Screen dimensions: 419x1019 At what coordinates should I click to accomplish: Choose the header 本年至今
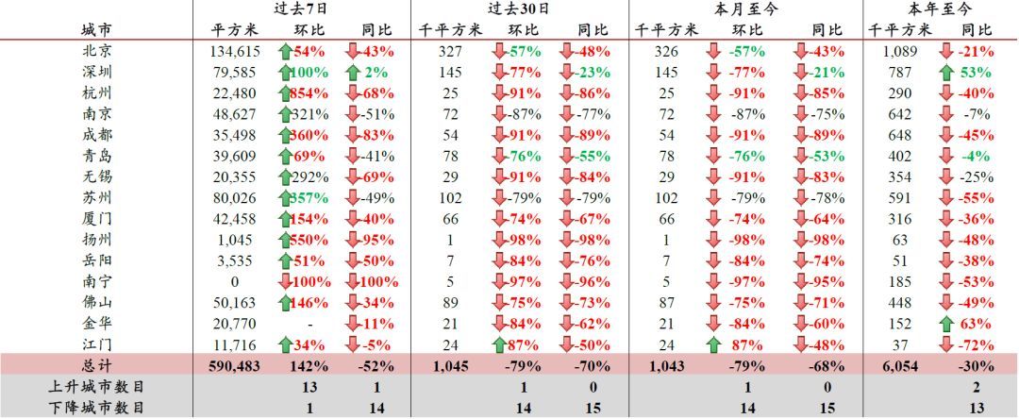click(x=940, y=8)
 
